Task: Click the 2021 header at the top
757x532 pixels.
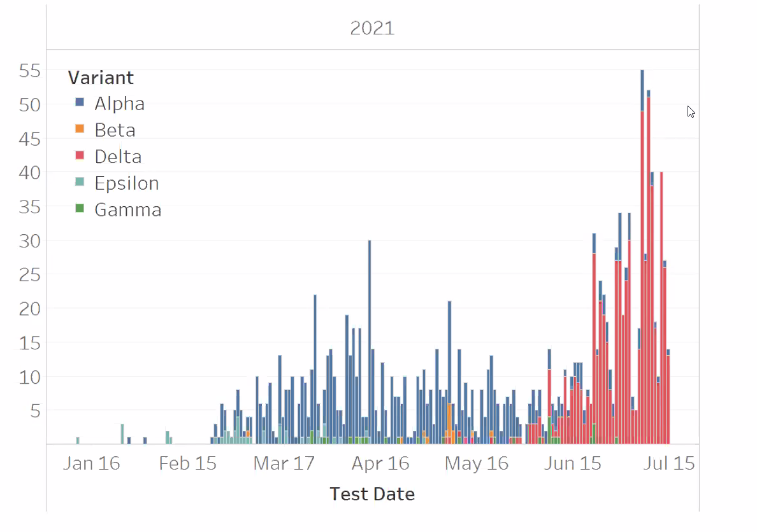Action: point(372,29)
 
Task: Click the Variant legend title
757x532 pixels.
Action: point(101,78)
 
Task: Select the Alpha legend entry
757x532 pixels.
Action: point(119,104)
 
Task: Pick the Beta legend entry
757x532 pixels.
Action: point(115,130)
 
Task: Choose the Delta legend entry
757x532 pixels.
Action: point(118,157)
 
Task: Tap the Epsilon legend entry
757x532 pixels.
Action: point(126,183)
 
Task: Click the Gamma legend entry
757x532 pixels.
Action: point(127,210)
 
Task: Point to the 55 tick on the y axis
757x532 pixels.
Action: point(30,71)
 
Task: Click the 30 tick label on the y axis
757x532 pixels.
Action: point(30,241)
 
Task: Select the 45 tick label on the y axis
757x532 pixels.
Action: point(30,139)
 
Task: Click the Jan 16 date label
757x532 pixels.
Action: point(92,463)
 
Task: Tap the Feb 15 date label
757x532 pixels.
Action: point(187,463)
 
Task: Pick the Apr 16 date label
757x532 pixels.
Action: point(380,463)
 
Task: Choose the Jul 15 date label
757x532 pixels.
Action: point(669,463)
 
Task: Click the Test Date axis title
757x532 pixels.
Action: point(372,494)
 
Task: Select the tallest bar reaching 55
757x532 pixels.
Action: point(642,255)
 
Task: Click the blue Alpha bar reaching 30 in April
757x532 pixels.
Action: point(370,337)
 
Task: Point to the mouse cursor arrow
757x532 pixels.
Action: point(691,111)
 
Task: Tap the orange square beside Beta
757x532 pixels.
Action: point(80,129)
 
